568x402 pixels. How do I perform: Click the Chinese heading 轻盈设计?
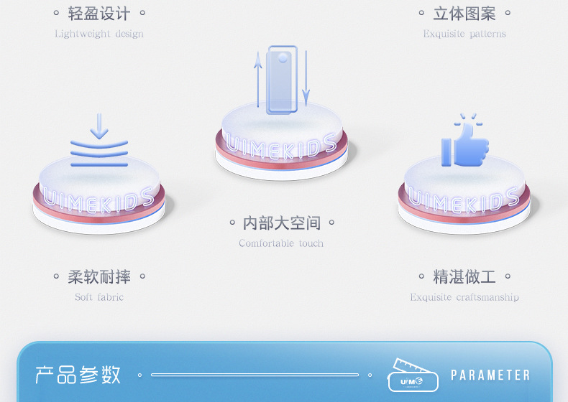(99, 14)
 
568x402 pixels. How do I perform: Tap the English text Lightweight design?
(99, 34)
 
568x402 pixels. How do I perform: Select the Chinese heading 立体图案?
(464, 14)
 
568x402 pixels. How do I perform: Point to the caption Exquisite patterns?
(464, 34)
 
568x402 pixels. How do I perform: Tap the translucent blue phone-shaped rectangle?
(281, 79)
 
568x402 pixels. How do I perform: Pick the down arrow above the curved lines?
(99, 126)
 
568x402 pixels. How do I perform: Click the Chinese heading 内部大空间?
(282, 223)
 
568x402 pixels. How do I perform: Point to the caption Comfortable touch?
(281, 243)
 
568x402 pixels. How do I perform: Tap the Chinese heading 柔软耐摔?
(99, 276)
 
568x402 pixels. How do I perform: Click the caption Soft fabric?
(99, 297)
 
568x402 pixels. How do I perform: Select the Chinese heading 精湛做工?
(464, 276)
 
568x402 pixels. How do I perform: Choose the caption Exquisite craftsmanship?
(464, 297)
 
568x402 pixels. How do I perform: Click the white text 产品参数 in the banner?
(78, 375)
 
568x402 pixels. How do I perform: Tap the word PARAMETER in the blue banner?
(490, 375)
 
